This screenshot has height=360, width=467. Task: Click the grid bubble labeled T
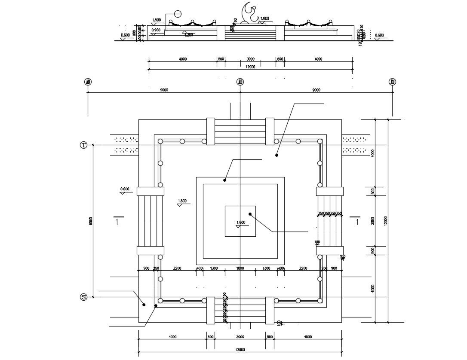(x=84, y=145)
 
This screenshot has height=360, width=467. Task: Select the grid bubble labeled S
(x=84, y=297)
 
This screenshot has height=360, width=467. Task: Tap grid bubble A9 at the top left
(x=88, y=82)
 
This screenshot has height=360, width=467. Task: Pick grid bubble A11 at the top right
(x=392, y=82)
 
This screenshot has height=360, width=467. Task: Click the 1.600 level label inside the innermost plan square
(x=241, y=223)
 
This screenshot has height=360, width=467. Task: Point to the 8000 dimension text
(x=90, y=221)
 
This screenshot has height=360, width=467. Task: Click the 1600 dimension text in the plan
(x=240, y=268)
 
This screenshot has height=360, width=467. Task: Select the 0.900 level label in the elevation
(x=156, y=30)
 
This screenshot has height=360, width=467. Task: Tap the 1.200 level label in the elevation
(x=188, y=35)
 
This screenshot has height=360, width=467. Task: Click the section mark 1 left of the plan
(x=117, y=221)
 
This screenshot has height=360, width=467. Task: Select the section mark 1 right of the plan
(x=357, y=221)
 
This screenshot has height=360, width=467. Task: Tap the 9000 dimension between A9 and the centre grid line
(x=164, y=90)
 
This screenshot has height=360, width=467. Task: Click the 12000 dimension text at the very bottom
(x=240, y=350)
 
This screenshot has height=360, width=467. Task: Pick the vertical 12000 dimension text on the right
(x=386, y=221)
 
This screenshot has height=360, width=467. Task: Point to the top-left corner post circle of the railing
(x=160, y=141)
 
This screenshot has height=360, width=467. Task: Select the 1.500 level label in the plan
(x=182, y=201)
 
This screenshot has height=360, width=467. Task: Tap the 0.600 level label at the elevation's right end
(x=379, y=35)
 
